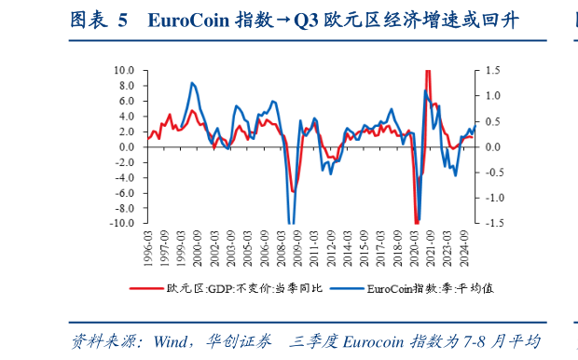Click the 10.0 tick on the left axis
pos(124,70)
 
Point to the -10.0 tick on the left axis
pos(122,224)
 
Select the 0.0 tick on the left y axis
pos(127,147)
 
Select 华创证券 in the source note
pos(228,341)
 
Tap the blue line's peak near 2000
pos(192,82)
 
